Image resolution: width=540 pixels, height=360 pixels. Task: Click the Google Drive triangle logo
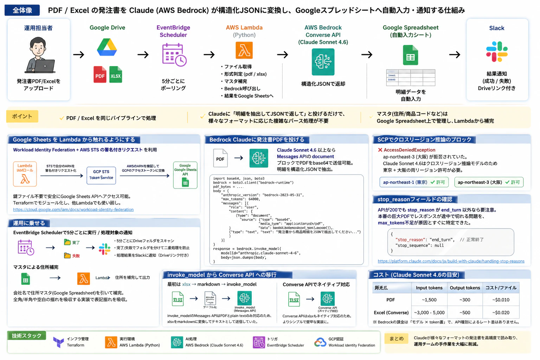click(107, 47)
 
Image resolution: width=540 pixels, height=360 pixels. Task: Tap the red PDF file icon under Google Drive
click(100, 75)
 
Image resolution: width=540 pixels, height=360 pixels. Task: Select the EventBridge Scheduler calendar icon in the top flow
click(174, 55)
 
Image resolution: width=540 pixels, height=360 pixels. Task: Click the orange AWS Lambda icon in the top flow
click(244, 50)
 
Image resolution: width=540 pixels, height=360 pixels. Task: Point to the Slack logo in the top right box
click(496, 52)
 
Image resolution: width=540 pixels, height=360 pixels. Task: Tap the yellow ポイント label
click(22, 116)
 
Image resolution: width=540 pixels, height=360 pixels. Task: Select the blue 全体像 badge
click(22, 10)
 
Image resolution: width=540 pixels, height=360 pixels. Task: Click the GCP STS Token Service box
click(101, 175)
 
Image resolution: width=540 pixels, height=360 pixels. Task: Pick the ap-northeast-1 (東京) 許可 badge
click(414, 182)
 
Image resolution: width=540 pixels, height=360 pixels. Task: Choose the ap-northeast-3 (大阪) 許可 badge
click(489, 182)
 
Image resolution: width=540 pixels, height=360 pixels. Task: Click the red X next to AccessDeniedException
click(380, 150)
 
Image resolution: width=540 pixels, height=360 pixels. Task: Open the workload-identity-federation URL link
click(73, 210)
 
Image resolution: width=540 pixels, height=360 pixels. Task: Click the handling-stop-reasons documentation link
click(451, 261)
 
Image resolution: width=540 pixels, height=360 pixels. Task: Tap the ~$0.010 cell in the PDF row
click(501, 300)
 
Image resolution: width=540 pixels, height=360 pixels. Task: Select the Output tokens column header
click(465, 288)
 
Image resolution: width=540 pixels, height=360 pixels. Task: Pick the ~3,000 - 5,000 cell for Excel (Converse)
click(429, 313)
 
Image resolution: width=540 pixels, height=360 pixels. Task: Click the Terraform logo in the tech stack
click(58, 342)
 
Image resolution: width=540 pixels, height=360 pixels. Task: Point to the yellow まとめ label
click(396, 339)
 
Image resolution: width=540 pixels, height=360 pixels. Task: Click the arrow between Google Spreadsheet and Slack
click(455, 54)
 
